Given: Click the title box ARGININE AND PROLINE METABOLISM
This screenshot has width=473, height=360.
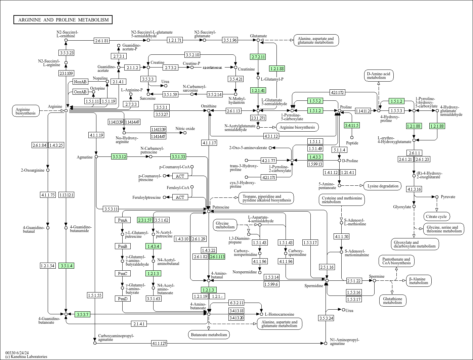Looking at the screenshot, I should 63,20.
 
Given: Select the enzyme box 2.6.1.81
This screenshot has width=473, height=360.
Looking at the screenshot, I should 102,41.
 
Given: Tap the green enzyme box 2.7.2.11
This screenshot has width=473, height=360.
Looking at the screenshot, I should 258,57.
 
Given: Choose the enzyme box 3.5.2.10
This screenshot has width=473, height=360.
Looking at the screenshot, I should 192,55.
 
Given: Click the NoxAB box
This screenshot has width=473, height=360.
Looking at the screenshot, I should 80,82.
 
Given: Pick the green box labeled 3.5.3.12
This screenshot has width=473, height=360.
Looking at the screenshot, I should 119,156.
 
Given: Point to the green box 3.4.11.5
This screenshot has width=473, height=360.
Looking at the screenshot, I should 352,125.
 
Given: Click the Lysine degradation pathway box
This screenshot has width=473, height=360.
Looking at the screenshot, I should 383,186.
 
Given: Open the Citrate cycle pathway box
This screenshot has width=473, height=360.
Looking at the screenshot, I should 437,217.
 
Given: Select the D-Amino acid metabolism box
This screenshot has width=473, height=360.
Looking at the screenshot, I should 378,76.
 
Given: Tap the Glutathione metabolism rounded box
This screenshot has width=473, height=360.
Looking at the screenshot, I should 392,301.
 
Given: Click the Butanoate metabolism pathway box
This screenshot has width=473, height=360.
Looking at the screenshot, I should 209,334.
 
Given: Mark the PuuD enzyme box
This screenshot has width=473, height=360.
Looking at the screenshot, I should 122,299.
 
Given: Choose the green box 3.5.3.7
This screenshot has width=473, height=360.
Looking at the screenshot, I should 82,314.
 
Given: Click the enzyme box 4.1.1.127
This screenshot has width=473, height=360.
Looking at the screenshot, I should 159,343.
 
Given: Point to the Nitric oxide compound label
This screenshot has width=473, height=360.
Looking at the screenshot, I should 185,129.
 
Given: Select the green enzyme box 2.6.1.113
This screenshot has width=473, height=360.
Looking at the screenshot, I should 217,257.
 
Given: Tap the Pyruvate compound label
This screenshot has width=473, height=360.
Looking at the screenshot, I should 448,197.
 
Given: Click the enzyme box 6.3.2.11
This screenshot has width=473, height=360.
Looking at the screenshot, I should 236,303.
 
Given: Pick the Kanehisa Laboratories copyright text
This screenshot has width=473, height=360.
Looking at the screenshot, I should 26,357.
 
